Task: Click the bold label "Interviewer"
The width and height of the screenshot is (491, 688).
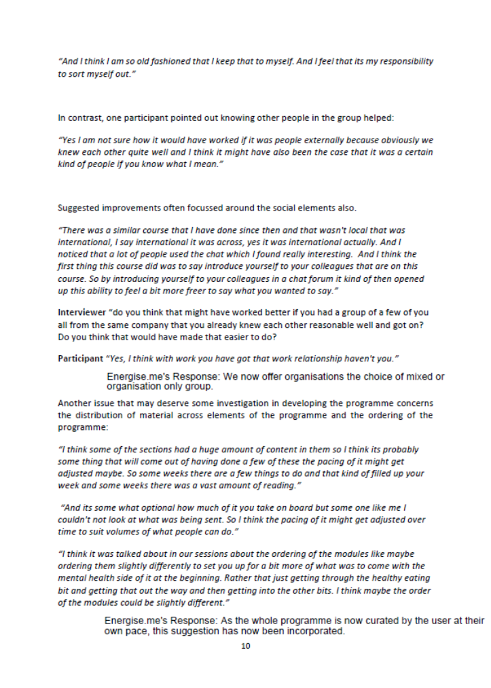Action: point(80,312)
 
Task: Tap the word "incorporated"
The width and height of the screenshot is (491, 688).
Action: point(309,632)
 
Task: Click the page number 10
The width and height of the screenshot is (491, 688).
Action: point(246,646)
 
